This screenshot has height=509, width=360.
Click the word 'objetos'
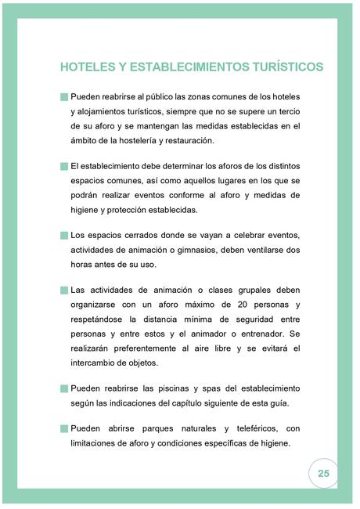coord(140,363)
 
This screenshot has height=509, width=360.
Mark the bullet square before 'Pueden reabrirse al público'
coord(63,97)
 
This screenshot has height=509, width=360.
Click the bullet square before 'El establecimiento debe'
coord(63,166)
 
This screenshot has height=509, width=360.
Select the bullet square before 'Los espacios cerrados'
coord(63,235)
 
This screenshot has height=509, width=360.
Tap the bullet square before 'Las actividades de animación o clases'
coord(63,289)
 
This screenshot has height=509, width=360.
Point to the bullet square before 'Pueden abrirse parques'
coord(63,429)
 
